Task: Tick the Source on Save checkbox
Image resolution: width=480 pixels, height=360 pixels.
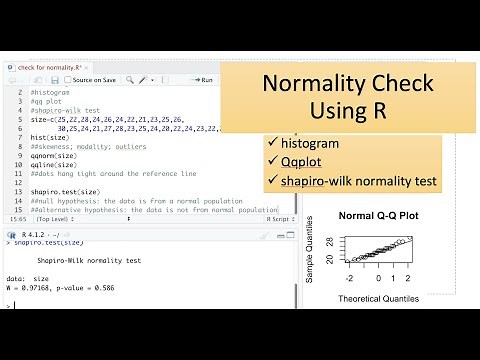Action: point(67,79)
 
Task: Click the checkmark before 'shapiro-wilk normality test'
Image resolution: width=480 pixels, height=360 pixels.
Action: point(271,182)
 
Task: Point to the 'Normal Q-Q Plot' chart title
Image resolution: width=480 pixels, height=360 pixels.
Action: point(362,215)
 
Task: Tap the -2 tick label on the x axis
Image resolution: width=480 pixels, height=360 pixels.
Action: point(337,280)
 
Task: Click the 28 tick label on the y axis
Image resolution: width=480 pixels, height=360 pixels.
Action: point(326,241)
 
